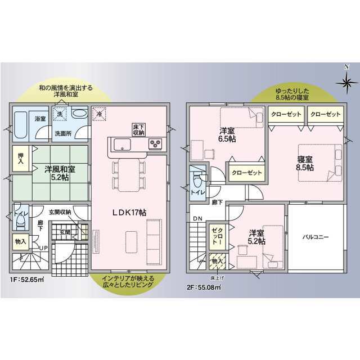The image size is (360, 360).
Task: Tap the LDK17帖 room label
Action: pos(129,213)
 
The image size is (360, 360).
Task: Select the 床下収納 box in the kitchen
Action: pos(138,129)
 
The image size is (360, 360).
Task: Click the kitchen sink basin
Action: pos(123,144)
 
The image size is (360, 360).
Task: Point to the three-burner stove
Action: pos(155,144)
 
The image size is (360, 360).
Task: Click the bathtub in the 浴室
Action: pos(21,125)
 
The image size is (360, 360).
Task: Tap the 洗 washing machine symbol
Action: pos(60,114)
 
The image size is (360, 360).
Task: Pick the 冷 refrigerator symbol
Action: pos(99,114)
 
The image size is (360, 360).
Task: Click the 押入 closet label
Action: pos(21,159)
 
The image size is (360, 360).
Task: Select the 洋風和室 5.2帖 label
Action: pos(60,173)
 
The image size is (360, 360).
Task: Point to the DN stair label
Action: pos(197,219)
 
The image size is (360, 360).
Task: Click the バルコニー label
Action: pos(316,237)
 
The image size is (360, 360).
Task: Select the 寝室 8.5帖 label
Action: pos(305,163)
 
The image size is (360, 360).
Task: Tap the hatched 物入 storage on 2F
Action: pos(217,261)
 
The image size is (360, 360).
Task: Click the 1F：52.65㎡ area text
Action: pos(27,280)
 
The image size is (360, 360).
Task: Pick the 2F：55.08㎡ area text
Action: pos(204,287)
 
